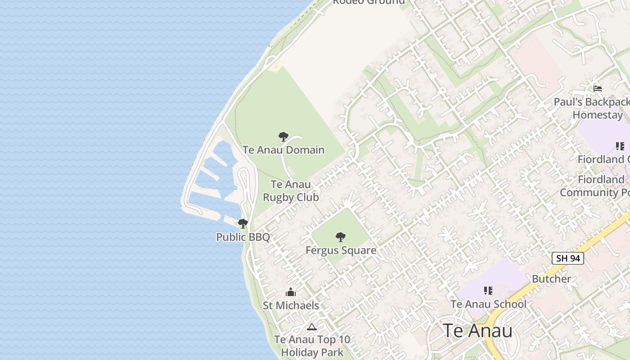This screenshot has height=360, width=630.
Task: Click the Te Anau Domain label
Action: [x=283, y=149]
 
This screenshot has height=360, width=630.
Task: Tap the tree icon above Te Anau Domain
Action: [x=283, y=137]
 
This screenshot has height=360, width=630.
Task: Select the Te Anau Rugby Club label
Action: [x=291, y=191]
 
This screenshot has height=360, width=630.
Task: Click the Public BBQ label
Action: [x=243, y=237]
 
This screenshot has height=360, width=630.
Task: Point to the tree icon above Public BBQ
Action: [x=243, y=223]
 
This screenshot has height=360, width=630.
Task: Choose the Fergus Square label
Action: [x=341, y=250]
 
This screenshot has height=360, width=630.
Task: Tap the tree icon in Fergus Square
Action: [x=341, y=237]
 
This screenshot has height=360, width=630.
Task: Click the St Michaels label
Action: [x=291, y=305]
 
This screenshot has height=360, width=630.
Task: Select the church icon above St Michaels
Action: [x=291, y=292]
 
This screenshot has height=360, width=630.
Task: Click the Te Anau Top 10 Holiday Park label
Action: [x=312, y=346]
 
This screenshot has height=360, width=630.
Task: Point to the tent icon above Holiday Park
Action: [x=311, y=327]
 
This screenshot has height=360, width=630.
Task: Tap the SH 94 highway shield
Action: [x=568, y=258]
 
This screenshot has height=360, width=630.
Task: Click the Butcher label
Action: [x=551, y=279]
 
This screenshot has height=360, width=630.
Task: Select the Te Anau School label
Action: [x=488, y=304]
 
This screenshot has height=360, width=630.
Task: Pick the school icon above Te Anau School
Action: [x=488, y=291]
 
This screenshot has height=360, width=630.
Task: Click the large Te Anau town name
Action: [x=477, y=330]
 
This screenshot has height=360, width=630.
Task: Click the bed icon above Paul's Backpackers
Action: [x=598, y=88]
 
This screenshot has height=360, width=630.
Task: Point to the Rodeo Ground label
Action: [x=369, y=2]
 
